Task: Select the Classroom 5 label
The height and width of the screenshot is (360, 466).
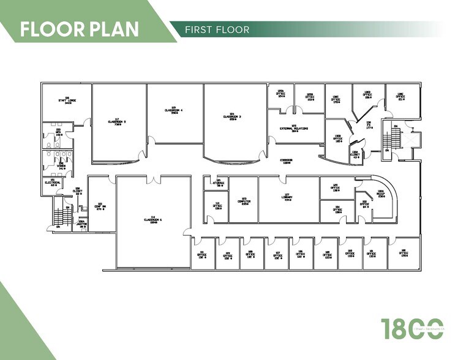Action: pyautogui.click(x=116, y=121)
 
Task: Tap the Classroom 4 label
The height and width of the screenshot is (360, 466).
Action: pyautogui.click(x=174, y=110)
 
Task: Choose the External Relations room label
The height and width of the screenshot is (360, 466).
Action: pyautogui.click(x=294, y=129)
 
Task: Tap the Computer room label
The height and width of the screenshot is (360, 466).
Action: pyautogui.click(x=244, y=201)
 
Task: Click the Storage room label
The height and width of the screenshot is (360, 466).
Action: pyautogui.click(x=219, y=182)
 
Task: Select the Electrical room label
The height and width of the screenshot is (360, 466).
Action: pyautogui.click(x=53, y=182)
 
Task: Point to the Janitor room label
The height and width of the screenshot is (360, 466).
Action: pyautogui.click(x=82, y=224)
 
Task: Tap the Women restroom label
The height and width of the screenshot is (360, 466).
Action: pyautogui.click(x=59, y=166)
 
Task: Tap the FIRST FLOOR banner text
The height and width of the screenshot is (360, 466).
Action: pyautogui.click(x=218, y=29)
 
